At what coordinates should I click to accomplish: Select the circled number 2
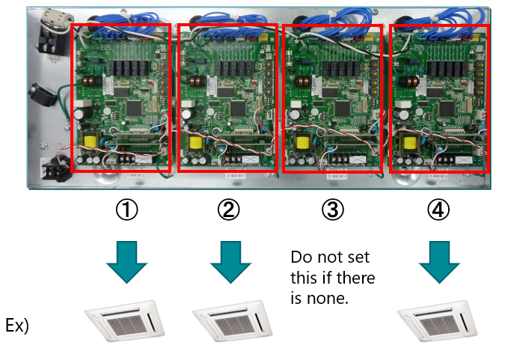(229, 210)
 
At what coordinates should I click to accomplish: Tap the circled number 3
(333, 210)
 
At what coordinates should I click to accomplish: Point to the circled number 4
(438, 210)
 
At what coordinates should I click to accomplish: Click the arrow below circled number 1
(125, 260)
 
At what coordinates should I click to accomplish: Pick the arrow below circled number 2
(229, 260)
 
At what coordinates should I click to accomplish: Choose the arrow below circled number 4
(438, 260)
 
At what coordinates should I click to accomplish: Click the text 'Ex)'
(16, 327)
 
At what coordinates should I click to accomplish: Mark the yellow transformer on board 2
(197, 142)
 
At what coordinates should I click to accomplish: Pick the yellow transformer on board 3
(302, 142)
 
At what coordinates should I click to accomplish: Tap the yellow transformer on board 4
(410, 142)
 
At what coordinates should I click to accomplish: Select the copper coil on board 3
(302, 81)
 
